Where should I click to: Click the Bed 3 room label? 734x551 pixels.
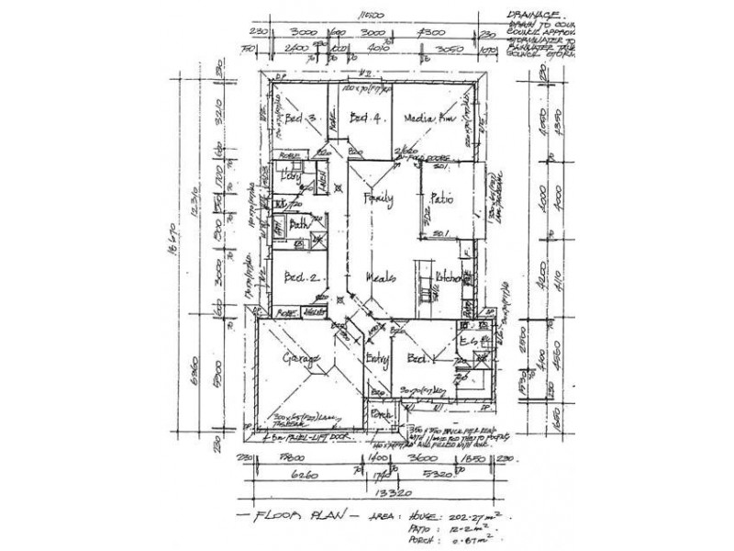300,118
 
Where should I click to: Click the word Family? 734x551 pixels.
379,198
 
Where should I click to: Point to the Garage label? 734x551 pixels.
300,357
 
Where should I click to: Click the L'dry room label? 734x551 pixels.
292,177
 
